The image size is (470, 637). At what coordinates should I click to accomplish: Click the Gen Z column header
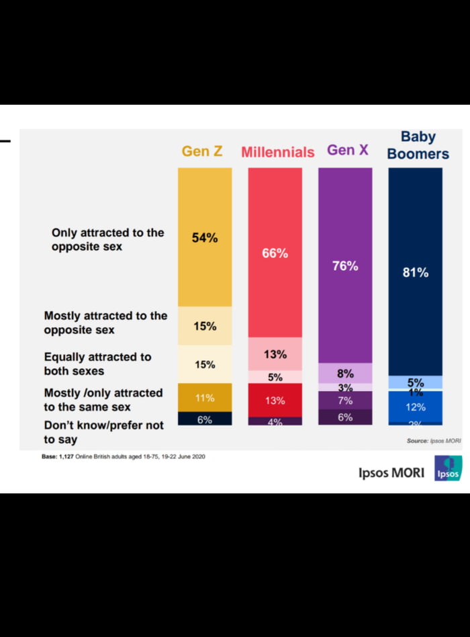click(x=202, y=151)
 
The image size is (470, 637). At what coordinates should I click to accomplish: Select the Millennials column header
click(x=277, y=152)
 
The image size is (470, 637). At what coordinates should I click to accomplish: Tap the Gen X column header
click(x=348, y=150)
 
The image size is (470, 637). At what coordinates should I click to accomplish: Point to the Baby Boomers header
click(x=418, y=145)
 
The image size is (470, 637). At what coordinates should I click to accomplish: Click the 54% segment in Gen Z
click(x=205, y=237)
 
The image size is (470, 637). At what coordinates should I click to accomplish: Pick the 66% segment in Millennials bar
click(x=275, y=253)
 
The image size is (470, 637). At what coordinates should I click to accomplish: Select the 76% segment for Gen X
click(x=345, y=265)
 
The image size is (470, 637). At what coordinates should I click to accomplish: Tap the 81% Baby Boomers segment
click(x=416, y=272)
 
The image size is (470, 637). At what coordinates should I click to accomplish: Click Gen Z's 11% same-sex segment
click(x=205, y=397)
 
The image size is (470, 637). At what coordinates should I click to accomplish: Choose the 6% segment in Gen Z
click(x=205, y=419)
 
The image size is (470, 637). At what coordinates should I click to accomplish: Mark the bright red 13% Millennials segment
click(x=275, y=400)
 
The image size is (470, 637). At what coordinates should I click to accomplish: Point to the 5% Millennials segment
click(x=275, y=377)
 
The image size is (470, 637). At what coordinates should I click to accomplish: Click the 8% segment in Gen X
click(x=345, y=374)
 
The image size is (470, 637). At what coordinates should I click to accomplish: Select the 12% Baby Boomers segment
click(x=416, y=407)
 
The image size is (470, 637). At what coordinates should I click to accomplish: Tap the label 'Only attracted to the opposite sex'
click(x=107, y=240)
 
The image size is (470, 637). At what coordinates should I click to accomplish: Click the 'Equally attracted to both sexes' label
click(x=97, y=364)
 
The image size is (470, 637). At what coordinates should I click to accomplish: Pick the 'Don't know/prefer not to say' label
click(x=103, y=432)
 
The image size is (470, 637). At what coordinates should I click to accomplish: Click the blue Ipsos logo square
click(x=448, y=468)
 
